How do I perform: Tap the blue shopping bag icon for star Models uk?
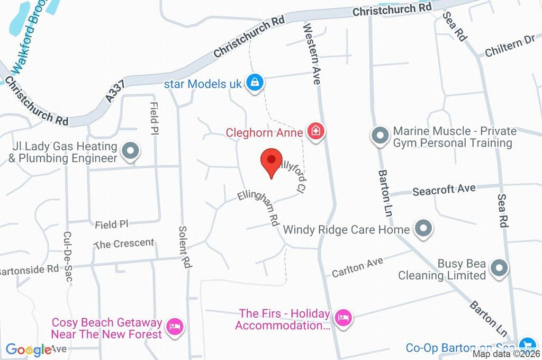255,83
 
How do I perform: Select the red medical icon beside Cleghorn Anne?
316,132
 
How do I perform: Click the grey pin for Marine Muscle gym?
380,136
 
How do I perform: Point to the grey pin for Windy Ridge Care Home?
422,229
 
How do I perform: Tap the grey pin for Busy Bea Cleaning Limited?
499,268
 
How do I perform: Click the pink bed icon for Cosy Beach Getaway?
174,327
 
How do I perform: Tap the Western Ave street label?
312,53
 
